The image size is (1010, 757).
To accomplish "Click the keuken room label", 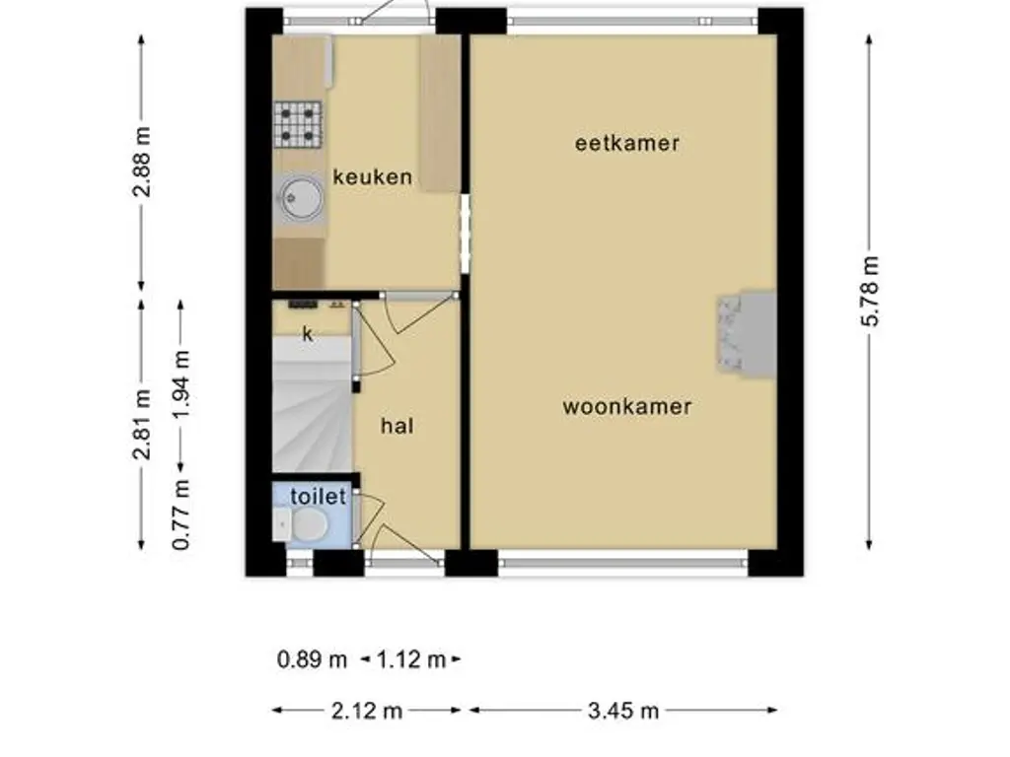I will point(372,177).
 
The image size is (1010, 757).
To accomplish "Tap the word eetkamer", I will point(627,143).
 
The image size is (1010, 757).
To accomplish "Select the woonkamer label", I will point(627,406).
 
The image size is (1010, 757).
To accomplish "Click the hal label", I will point(397,426).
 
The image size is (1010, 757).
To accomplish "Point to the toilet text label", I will point(318,497).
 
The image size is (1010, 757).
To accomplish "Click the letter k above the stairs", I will point(308,334).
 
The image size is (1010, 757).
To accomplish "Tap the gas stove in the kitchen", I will point(298,124).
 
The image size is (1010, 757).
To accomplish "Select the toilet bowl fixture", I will point(305,524).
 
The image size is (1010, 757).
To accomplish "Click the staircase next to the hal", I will point(312,414).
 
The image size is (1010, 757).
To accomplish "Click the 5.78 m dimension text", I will point(869,292).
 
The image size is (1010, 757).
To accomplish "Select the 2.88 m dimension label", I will point(143,162).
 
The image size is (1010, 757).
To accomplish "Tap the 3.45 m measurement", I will point(622,711).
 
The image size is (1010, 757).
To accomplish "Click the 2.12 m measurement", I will point(367,711).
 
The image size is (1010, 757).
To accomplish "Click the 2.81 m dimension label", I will point(143,424).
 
